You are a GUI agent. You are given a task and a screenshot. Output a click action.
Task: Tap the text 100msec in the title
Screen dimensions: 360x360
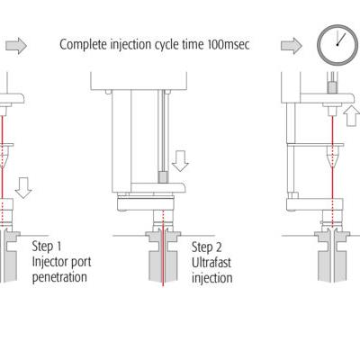[229, 45]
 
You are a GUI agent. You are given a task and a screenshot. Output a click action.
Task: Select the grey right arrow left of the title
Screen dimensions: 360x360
[16, 46]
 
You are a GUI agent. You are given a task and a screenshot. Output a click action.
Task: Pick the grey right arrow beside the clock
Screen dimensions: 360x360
[292, 46]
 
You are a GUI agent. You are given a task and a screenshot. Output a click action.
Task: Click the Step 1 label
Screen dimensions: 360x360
[47, 247]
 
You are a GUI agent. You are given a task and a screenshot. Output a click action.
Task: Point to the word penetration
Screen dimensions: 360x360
[59, 277]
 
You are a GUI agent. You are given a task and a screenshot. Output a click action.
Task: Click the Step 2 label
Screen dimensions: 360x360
[207, 247]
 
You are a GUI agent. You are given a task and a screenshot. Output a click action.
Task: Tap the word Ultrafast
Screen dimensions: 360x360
[211, 263]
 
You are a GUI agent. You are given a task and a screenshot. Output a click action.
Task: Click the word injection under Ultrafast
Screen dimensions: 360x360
[212, 278]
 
